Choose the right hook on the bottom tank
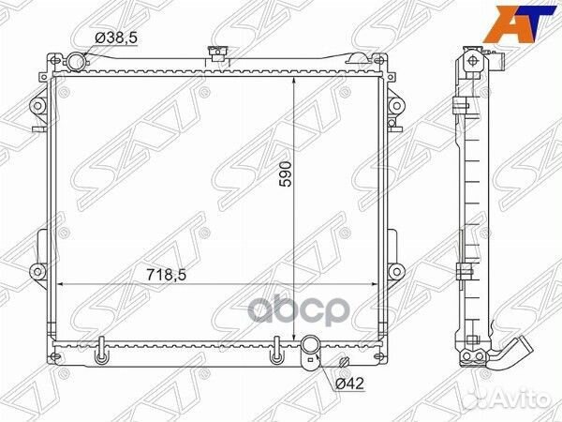coord(275,359)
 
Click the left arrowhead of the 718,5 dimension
coord(62,284)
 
